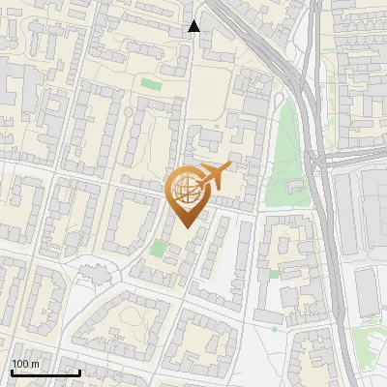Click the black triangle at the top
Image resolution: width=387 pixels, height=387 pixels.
[x=193, y=26]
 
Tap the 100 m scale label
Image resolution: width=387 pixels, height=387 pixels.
[x=25, y=364]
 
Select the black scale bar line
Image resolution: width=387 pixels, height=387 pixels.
[x=45, y=372]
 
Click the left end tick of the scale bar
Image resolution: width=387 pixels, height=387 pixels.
[x=12, y=371]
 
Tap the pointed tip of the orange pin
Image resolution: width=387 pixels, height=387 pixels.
[x=186, y=226]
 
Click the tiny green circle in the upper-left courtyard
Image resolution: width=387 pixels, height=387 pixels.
[x=128, y=112]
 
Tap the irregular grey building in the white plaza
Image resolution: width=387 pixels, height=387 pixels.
[x=95, y=276]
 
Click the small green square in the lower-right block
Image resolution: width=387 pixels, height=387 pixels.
[x=274, y=274]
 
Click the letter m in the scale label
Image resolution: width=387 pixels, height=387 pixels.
[x=35, y=365]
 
